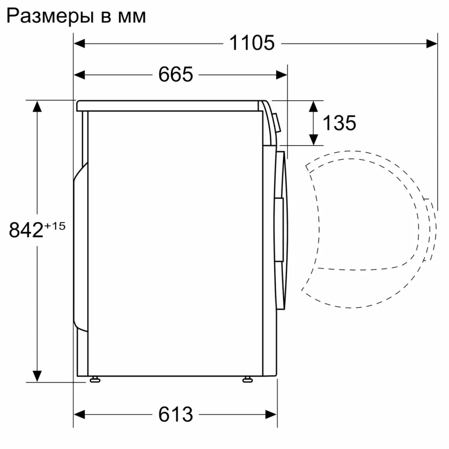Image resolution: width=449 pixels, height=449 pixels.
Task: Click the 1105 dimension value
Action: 251,43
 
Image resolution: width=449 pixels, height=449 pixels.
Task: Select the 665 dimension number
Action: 175,75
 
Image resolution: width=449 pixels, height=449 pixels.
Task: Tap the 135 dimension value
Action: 339,123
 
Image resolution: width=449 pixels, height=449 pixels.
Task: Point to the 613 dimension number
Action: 175,414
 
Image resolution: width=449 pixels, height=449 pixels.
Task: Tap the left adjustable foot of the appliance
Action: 94,380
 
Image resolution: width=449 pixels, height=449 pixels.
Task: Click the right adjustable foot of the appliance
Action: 247,380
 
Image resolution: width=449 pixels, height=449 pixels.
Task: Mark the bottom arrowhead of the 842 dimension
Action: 37,376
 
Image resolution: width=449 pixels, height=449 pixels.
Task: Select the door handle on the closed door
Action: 279,229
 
